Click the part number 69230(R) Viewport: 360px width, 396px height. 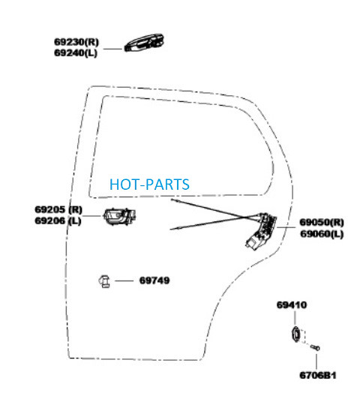pyautogui.click(x=76, y=42)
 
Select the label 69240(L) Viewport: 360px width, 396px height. pyautogui.click(x=76, y=53)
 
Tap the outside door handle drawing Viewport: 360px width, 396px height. pyautogui.click(x=144, y=43)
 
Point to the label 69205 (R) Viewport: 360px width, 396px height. pyautogui.click(x=58, y=209)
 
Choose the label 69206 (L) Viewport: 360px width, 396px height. pyautogui.click(x=58, y=220)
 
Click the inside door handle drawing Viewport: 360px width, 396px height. pyautogui.click(x=119, y=217)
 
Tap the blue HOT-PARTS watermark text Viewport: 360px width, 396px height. pyautogui.click(x=149, y=184)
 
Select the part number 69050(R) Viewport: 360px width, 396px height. pyautogui.click(x=322, y=222)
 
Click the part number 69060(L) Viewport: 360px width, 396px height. pyautogui.click(x=322, y=233)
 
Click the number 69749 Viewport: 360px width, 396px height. pyautogui.click(x=154, y=280)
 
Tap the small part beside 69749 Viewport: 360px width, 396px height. pyautogui.click(x=104, y=281)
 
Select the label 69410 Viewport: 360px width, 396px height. pyautogui.click(x=292, y=304)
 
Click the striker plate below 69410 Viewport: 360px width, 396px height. pyautogui.click(x=295, y=334)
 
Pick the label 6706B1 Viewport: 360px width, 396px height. pyautogui.click(x=318, y=375)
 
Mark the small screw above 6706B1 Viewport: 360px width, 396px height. pyautogui.click(x=316, y=348)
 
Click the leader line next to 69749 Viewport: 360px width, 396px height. pyautogui.click(x=124, y=280)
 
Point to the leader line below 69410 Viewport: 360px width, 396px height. pyautogui.click(x=295, y=318)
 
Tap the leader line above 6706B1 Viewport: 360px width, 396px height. pyautogui.click(x=316, y=361)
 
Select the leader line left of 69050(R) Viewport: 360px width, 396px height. pyautogui.click(x=286, y=227)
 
